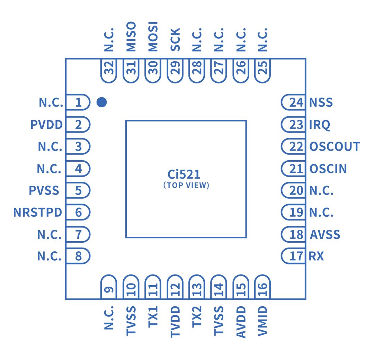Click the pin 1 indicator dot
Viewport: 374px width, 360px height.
point(101,102)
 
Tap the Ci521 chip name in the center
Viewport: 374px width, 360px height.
point(184,174)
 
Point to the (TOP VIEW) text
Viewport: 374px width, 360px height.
point(186,185)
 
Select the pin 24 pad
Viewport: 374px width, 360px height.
point(294,102)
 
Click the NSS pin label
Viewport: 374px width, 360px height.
point(321,103)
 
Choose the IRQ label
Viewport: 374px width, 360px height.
point(320,125)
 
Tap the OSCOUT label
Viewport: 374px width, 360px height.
point(335,146)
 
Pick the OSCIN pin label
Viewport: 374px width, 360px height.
point(328,169)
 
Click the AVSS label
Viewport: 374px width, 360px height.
point(325,235)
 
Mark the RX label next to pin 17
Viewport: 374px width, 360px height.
point(317,256)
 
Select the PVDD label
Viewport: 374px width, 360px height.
point(47,125)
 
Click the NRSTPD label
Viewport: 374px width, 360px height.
point(38,213)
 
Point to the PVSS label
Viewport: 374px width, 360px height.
point(44,190)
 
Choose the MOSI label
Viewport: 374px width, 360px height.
point(153,37)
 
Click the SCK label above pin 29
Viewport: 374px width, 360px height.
point(176,40)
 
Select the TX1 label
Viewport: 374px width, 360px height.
point(153,317)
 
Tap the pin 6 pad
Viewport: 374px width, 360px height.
point(78,212)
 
